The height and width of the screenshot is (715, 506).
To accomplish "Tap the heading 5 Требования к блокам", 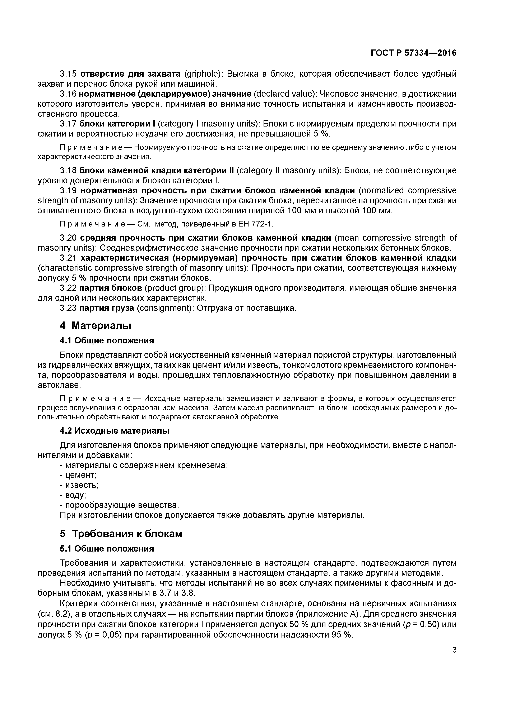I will (x=121, y=534).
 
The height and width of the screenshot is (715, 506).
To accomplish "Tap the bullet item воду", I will (x=75, y=495).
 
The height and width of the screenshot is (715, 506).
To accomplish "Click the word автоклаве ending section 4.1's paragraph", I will (x=59, y=385).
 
